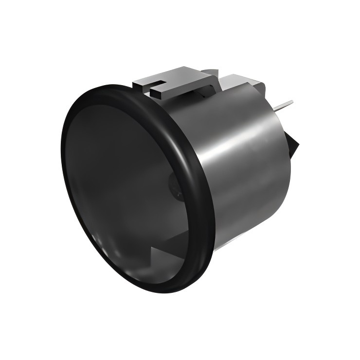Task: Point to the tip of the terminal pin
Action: pos(292,102)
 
